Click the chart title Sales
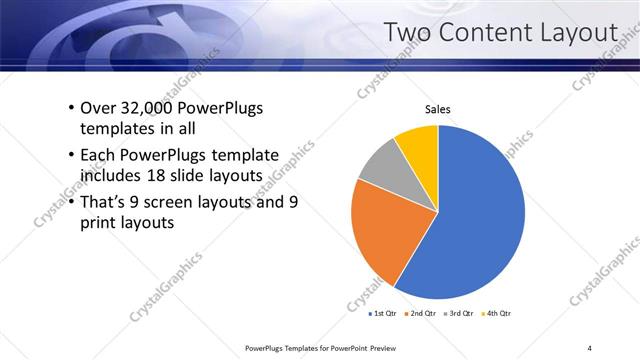pyautogui.click(x=438, y=110)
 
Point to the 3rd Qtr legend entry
pyautogui.click(x=462, y=313)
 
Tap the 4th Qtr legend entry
pyautogui.click(x=500, y=313)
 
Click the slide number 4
pyautogui.click(x=589, y=347)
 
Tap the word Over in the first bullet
pyautogui.click(x=97, y=108)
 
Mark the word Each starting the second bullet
pyautogui.click(x=98, y=155)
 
